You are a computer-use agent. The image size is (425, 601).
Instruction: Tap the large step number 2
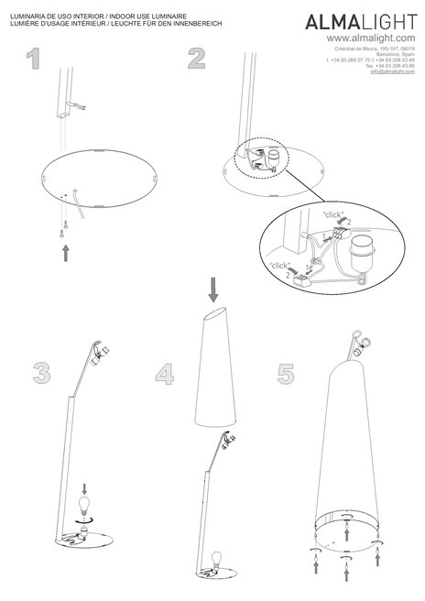[x=197, y=60]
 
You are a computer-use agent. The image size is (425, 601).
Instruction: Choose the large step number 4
[x=164, y=373]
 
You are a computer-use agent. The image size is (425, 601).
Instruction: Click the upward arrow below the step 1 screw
[x=66, y=252]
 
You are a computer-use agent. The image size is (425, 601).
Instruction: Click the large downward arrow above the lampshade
[x=213, y=291]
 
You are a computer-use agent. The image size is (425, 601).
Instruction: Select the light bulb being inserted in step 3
[x=85, y=506]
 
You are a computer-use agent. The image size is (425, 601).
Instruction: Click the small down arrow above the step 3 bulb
[x=85, y=488]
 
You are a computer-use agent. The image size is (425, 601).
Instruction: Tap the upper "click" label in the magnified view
[x=332, y=213]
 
